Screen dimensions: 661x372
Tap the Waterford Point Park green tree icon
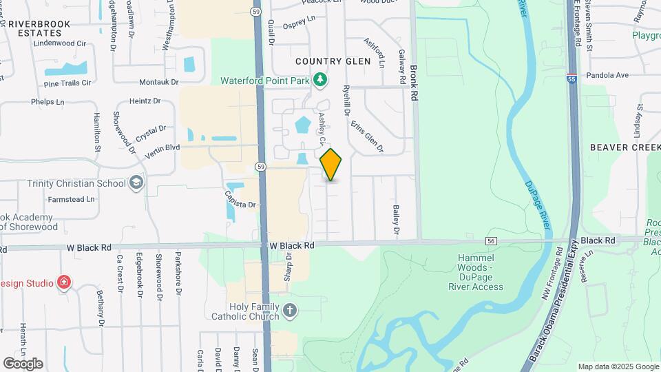319,81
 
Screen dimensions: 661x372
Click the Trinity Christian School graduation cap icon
136,183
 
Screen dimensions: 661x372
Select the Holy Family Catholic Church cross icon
290,311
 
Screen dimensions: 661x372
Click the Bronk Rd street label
414,83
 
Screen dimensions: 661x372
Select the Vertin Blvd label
162,147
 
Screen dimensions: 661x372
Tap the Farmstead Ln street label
72,199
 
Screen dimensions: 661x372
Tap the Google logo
23,363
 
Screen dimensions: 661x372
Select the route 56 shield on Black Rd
491,240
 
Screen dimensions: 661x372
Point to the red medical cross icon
64,282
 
